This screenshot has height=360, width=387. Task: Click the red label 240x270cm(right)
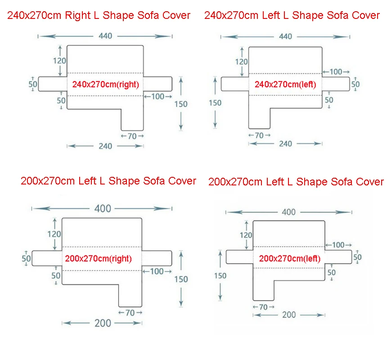point(105,84)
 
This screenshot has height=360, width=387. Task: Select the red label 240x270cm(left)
point(285,84)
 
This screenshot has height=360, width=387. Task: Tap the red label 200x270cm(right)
point(98,258)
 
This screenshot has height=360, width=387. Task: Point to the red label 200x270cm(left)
point(290,258)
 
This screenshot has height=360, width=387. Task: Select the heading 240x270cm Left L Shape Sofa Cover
point(292,15)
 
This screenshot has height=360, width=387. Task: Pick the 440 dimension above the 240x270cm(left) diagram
point(285,36)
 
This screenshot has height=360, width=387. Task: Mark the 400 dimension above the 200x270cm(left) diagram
point(288,212)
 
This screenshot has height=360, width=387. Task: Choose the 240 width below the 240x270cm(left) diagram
point(285,144)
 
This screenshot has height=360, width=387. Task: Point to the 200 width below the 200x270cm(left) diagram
point(289,315)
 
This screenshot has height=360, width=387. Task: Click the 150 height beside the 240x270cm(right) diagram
point(181,104)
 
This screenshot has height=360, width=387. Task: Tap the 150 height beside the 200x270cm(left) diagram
point(220,276)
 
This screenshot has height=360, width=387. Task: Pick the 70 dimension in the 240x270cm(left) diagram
point(259,135)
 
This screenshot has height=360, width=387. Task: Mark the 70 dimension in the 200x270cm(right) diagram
point(130,313)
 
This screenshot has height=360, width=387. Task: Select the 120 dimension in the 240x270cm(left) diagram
point(242,62)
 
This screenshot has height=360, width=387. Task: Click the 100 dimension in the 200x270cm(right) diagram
point(157,271)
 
